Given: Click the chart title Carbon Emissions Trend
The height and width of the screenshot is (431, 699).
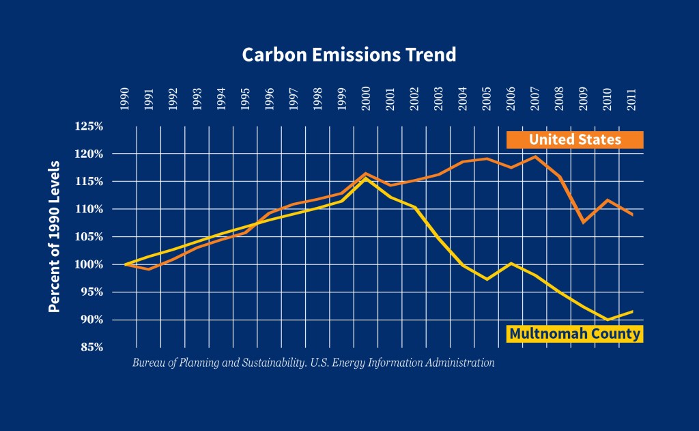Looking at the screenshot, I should pyautogui.click(x=349, y=55).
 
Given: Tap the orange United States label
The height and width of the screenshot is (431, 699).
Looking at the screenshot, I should pyautogui.click(x=575, y=139).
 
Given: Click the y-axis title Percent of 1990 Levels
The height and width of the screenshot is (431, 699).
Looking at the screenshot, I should pyautogui.click(x=55, y=237).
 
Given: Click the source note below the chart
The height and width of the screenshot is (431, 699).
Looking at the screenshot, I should pyautogui.click(x=313, y=363).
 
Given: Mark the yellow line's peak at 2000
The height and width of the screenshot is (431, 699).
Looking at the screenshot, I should pyautogui.click(x=366, y=178).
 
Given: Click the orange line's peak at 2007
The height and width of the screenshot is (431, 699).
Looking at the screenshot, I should pyautogui.click(x=534, y=156).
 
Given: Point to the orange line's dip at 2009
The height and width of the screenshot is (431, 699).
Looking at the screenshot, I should pyautogui.click(x=583, y=222).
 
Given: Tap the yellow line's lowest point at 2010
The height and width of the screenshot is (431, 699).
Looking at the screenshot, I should pyautogui.click(x=607, y=320).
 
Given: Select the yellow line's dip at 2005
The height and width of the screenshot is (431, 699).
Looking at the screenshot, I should pyautogui.click(x=487, y=279).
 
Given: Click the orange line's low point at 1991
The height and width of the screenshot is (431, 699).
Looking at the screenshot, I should pyautogui.click(x=149, y=269).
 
